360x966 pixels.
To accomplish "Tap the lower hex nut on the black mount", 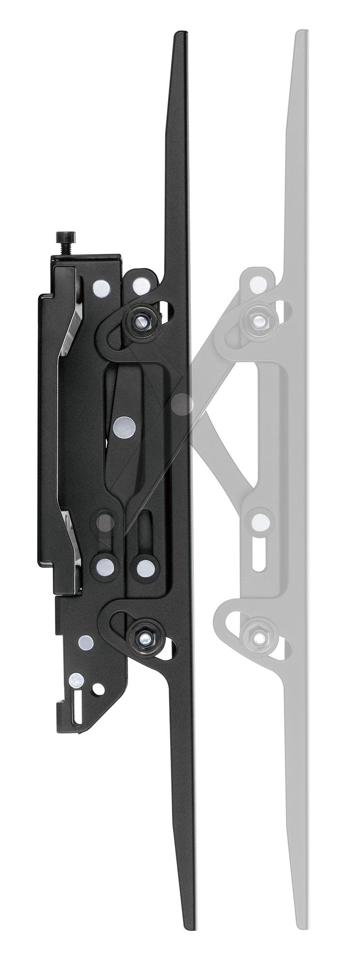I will (143, 639).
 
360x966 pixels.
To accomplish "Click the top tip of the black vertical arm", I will (180, 35).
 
